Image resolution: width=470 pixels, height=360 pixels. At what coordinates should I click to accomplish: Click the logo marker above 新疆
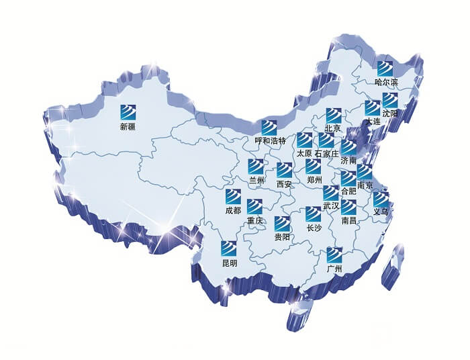pyautogui.click(x=128, y=111)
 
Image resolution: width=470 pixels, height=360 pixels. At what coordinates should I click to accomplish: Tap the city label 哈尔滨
pyautogui.click(x=386, y=83)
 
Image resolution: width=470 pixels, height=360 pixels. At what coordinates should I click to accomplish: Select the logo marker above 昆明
pyautogui.click(x=230, y=248)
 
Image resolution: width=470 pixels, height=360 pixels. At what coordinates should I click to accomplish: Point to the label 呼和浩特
pyautogui.click(x=271, y=142)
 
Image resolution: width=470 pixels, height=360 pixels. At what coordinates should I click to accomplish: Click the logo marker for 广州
pyautogui.click(x=334, y=255)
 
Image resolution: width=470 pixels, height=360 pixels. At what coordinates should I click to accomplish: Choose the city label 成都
pyautogui.click(x=232, y=211)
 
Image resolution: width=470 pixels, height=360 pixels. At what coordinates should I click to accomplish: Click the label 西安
pyautogui.click(x=284, y=184)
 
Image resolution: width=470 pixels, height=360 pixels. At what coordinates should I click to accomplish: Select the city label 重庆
pyautogui.click(x=254, y=220)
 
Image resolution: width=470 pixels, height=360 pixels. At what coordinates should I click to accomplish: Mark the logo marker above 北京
pyautogui.click(x=334, y=115)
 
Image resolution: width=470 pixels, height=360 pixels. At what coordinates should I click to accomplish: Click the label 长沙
pyautogui.click(x=314, y=228)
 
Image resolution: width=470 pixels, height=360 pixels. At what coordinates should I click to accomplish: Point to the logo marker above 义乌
pyautogui.click(x=381, y=199)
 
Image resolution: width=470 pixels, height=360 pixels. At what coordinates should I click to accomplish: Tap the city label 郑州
pyautogui.click(x=314, y=180)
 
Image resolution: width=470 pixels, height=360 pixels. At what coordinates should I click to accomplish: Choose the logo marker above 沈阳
pyautogui.click(x=390, y=100)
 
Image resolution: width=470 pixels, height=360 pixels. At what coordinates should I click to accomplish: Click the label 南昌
pyautogui.click(x=349, y=220)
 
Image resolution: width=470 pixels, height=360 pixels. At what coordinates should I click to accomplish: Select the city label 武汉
pyautogui.click(x=331, y=206)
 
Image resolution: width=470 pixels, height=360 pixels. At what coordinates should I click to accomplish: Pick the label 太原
pyautogui.click(x=304, y=154)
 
